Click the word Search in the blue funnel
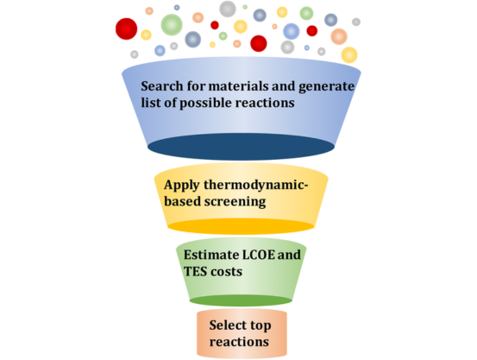pos(161,85)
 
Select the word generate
pos(326,87)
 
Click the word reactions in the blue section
pos(265,103)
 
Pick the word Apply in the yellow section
pos(182,186)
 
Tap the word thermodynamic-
pos(256,186)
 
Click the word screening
pos(235,202)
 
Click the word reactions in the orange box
pos(239,342)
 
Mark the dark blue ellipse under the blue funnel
pos(241,147)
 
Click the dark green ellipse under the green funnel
pos(241,300)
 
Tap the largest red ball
pos(126,28)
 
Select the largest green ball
pos(172,25)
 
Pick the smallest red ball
pos(215,25)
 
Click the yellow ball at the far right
pos(349,55)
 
